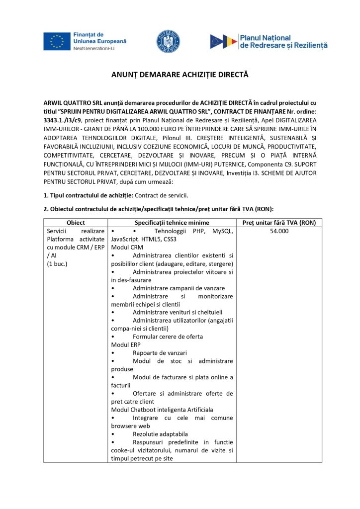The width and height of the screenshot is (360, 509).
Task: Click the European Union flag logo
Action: point(56,41)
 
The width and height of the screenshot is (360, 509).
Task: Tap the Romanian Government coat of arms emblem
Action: point(168,42)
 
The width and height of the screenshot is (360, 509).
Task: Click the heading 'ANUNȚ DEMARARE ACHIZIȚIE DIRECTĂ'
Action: point(179,75)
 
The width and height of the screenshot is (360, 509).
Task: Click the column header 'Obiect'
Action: point(76,223)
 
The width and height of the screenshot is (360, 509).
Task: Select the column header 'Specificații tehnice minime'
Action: point(172,223)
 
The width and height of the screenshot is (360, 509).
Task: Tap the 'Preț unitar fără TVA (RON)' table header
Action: point(279,223)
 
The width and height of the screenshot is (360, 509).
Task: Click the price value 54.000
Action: point(279,232)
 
